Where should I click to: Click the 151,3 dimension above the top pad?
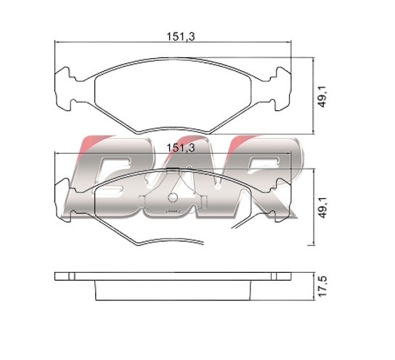pos(181,37)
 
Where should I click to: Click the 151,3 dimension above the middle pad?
pos(181,148)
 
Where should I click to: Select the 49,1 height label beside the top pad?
pos(322,97)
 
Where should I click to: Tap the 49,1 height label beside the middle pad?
pos(322,208)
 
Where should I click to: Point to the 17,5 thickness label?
pos(322,286)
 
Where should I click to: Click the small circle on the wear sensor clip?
pos(172,197)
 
